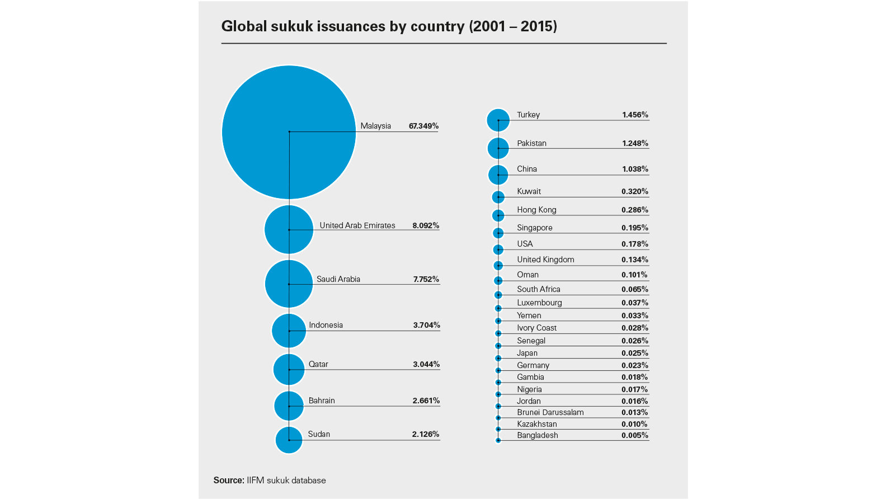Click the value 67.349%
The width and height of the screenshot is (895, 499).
(423, 126)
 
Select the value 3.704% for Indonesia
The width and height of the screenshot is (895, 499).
(426, 325)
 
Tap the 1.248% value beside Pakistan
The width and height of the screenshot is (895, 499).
(635, 143)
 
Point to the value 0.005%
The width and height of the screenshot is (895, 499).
(634, 435)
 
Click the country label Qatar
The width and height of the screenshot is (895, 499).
(318, 364)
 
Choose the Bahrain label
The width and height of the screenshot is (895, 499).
(322, 401)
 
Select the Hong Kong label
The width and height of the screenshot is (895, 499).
(536, 210)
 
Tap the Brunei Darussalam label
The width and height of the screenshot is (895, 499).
(550, 412)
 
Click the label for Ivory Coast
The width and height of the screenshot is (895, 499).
(536, 328)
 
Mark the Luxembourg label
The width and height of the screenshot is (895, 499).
(539, 303)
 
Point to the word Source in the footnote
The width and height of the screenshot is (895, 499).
(228, 480)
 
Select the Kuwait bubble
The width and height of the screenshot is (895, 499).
(498, 197)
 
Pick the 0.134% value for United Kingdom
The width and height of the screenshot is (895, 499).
(634, 260)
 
